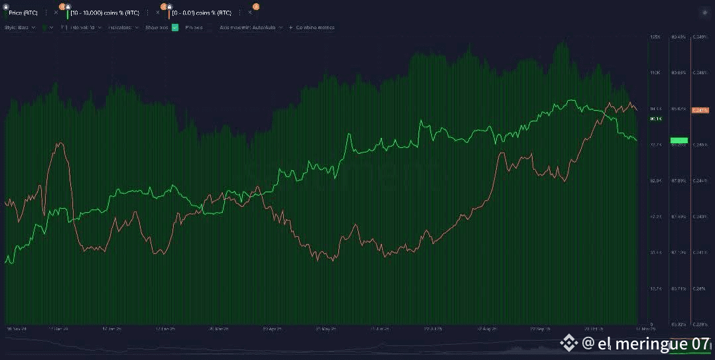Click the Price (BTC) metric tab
point(24,13)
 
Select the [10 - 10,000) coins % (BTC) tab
point(105,13)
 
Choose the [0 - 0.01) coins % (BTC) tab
point(201,13)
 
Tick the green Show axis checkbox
point(175,28)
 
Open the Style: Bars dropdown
point(20,28)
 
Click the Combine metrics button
point(312,28)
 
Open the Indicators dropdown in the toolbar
point(124,28)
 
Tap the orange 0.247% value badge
point(700,110)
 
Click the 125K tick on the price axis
point(655,37)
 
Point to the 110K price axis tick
point(655,72)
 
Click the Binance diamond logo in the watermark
point(569,343)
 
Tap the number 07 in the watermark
point(700,343)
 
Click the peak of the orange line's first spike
point(60,143)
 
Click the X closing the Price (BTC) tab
point(56,13)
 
